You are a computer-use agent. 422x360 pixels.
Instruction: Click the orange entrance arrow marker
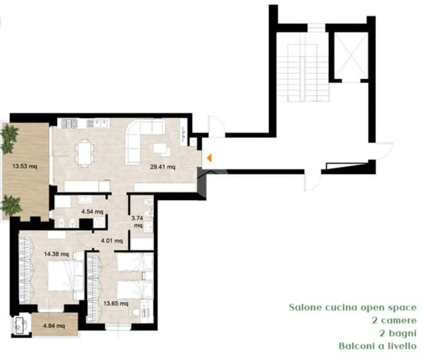209,158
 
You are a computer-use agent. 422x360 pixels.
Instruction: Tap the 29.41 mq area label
163,167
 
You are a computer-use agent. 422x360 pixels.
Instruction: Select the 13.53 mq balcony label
25,166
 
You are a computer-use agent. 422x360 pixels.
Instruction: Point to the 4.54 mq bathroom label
92,211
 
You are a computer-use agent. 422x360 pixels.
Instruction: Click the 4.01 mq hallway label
112,240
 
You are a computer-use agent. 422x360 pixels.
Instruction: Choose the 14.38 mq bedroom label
57,254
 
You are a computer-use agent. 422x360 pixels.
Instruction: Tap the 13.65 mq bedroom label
116,303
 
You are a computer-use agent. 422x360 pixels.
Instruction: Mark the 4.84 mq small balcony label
54,326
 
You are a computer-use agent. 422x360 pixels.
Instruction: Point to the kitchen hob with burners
69,123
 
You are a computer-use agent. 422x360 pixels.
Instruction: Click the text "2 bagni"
398,333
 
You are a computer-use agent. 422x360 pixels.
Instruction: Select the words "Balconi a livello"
377,346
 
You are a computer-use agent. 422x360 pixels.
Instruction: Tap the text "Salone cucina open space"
353,307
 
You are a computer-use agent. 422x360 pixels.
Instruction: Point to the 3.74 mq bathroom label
137,222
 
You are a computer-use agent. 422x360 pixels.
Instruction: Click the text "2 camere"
394,320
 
